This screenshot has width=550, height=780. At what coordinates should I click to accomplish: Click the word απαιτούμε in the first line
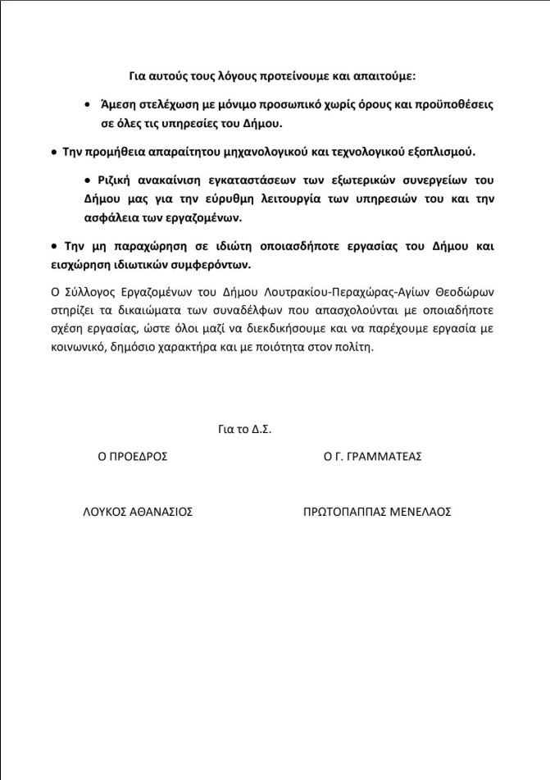coord(388,75)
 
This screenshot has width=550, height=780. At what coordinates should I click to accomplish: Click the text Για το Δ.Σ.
coord(244,427)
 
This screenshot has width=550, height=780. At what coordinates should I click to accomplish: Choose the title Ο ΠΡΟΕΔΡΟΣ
coord(133,456)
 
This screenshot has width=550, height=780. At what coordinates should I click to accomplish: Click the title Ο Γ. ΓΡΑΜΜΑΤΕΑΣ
coord(372,456)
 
